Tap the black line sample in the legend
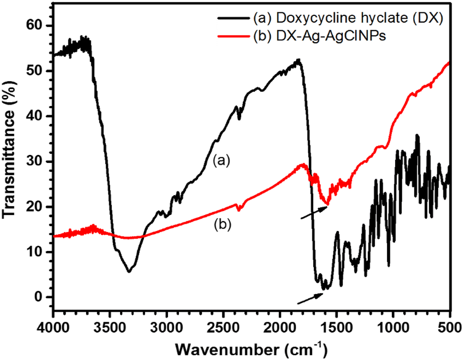coord(233,19)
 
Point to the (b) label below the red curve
coord(221,224)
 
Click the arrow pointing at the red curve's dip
coord(313,212)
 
